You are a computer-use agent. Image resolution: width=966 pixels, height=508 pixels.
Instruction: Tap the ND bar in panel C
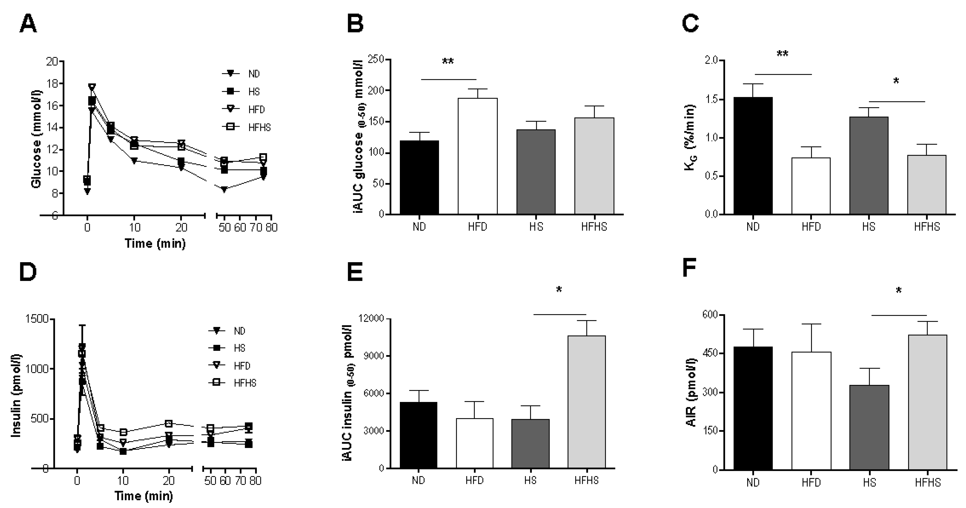click(753, 155)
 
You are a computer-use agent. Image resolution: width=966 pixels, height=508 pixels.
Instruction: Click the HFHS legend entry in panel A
click(247, 127)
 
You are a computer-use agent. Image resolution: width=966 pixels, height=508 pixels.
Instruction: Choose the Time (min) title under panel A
click(155, 244)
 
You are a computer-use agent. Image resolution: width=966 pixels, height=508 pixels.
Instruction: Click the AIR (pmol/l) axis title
click(691, 393)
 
